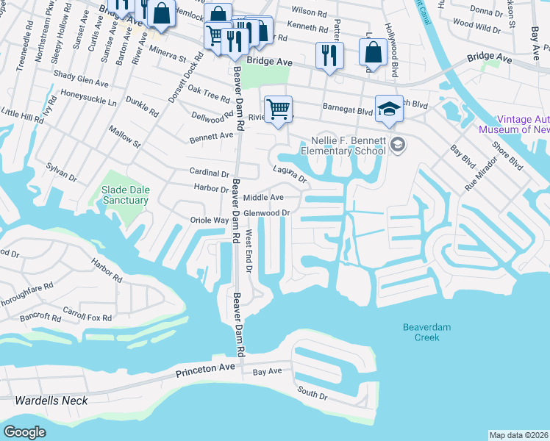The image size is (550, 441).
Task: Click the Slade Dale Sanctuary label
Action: pyautogui.click(x=125, y=194)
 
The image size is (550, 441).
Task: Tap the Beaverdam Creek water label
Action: pyautogui.click(x=421, y=332)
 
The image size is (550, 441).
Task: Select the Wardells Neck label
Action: pyautogui.click(x=51, y=401)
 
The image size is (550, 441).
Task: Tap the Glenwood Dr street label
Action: pyautogui.click(x=268, y=213)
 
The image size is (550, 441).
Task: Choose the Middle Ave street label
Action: pyautogui.click(x=263, y=198)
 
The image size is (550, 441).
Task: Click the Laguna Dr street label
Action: pyautogui.click(x=289, y=173)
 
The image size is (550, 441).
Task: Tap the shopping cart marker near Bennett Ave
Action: pyautogui.click(x=278, y=109)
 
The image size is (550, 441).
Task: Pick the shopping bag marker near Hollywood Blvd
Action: pyautogui.click(x=374, y=51)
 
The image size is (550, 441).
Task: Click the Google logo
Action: pyautogui.click(x=25, y=432)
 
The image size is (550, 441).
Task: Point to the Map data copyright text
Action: pyautogui.click(x=518, y=435)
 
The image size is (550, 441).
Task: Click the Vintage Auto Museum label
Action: pyautogui.click(x=524, y=124)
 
